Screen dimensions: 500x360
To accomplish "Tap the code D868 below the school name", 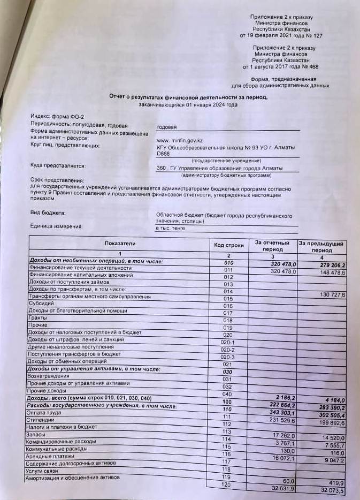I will click(163, 154).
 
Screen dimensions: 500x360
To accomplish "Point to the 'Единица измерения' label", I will click(56, 226).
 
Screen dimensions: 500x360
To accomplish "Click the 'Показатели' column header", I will click(120, 244).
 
